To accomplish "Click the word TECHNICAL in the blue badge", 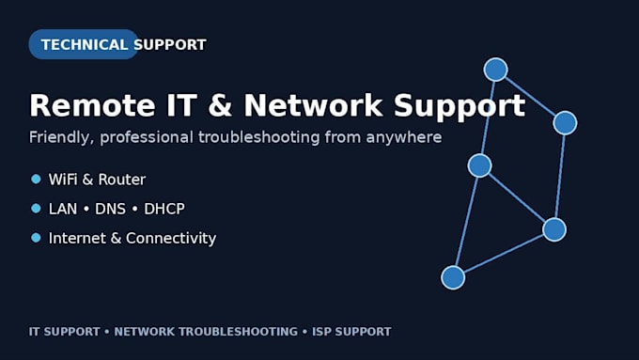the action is [85, 44].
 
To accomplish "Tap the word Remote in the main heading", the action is [92, 105].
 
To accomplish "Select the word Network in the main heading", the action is [313, 105].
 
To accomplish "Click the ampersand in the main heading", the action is [220, 105].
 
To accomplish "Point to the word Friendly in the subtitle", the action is [61, 138].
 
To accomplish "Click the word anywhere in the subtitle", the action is [403, 137].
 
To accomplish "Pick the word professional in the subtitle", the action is [147, 138].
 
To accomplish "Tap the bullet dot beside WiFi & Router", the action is [36, 179].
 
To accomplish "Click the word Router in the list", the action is [122, 180].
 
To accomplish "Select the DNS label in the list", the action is [110, 209].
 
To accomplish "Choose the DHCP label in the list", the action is [164, 209].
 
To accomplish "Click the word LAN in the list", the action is [63, 209].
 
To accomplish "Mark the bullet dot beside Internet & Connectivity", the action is [36, 238].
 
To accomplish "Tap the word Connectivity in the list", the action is [171, 239].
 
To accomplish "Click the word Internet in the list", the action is [77, 238].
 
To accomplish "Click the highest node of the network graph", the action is [495, 70].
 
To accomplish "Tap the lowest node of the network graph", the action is [453, 277].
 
